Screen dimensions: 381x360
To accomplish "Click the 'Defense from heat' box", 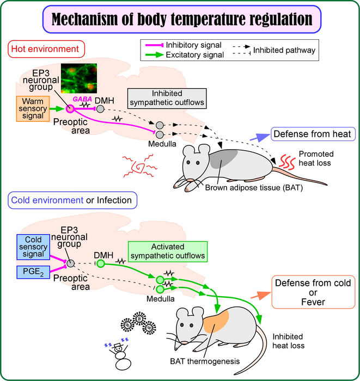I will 313,134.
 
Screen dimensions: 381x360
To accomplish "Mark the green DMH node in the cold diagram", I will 100,263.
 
